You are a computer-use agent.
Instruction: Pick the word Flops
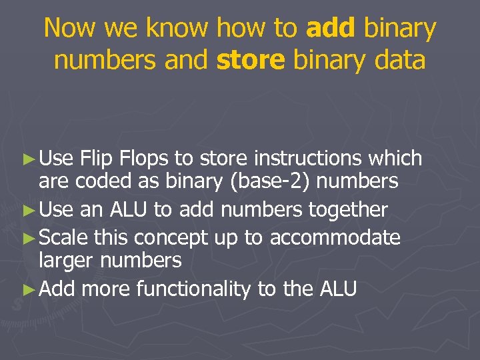(x=144, y=158)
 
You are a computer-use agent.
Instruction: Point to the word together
(x=348, y=210)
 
